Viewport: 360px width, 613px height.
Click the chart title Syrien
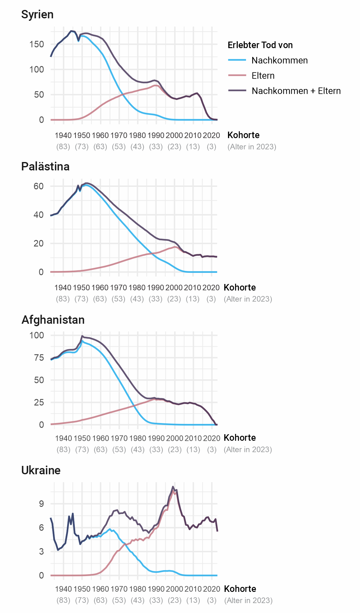tap(37, 15)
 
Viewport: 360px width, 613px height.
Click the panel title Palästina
tap(45, 167)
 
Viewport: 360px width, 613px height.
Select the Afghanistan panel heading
tap(53, 320)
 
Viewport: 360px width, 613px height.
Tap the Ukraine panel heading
tap(41, 470)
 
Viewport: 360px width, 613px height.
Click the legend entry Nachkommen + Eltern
tap(296, 91)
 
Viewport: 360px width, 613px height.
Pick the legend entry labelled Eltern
tap(263, 76)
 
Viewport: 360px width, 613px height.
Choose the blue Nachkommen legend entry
tap(279, 61)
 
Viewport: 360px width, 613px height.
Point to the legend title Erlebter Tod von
tap(260, 45)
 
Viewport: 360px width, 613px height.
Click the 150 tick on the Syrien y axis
tap(37, 44)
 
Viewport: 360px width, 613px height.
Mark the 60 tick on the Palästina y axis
tap(39, 186)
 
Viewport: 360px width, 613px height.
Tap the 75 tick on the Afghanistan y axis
tap(39, 358)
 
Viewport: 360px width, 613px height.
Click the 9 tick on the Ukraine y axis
tap(42, 504)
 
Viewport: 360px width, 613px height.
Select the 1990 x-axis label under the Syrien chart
tap(156, 135)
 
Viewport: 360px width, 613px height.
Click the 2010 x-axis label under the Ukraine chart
tap(193, 589)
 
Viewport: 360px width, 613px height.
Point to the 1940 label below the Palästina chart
tap(63, 287)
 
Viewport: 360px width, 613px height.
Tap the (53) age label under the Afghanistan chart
tap(119, 449)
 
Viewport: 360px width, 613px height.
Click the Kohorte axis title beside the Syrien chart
tap(244, 135)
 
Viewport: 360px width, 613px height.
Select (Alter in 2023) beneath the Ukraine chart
tap(248, 601)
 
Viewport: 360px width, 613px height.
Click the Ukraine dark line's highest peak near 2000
tap(173, 487)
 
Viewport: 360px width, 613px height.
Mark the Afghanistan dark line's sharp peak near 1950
tap(82, 336)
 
